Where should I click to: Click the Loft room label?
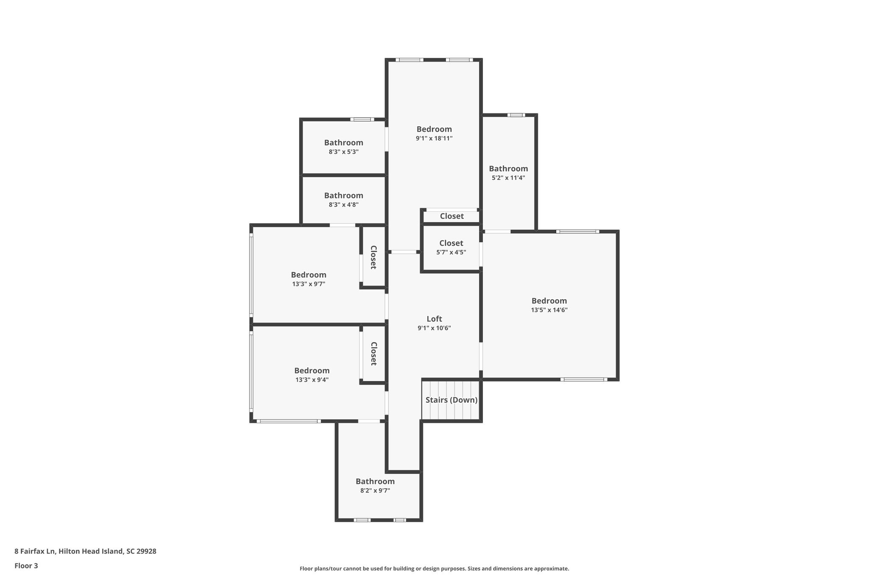coord(434,319)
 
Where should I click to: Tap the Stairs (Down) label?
coord(451,400)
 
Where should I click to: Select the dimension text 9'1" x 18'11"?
coord(434,139)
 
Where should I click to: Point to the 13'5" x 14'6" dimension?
coord(549,310)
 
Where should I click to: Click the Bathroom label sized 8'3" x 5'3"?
coord(344,143)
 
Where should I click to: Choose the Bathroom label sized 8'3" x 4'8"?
coord(344,195)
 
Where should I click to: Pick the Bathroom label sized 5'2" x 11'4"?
coord(508,169)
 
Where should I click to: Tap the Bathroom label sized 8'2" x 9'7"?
coord(375,481)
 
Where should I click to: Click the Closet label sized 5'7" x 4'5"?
coord(451,243)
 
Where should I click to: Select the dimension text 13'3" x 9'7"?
coord(308,284)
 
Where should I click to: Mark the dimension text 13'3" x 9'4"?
coord(312,380)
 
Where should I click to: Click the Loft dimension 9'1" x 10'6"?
coord(434,328)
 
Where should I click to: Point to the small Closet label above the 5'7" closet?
coord(451,216)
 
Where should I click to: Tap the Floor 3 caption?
coord(26,566)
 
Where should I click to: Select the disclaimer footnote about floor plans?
coord(434,569)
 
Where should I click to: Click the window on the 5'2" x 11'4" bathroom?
coord(516,115)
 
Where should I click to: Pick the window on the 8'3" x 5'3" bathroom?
coord(362,119)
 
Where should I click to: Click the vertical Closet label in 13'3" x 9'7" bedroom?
coord(373,257)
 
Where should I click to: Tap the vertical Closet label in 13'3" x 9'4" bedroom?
coord(373,354)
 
